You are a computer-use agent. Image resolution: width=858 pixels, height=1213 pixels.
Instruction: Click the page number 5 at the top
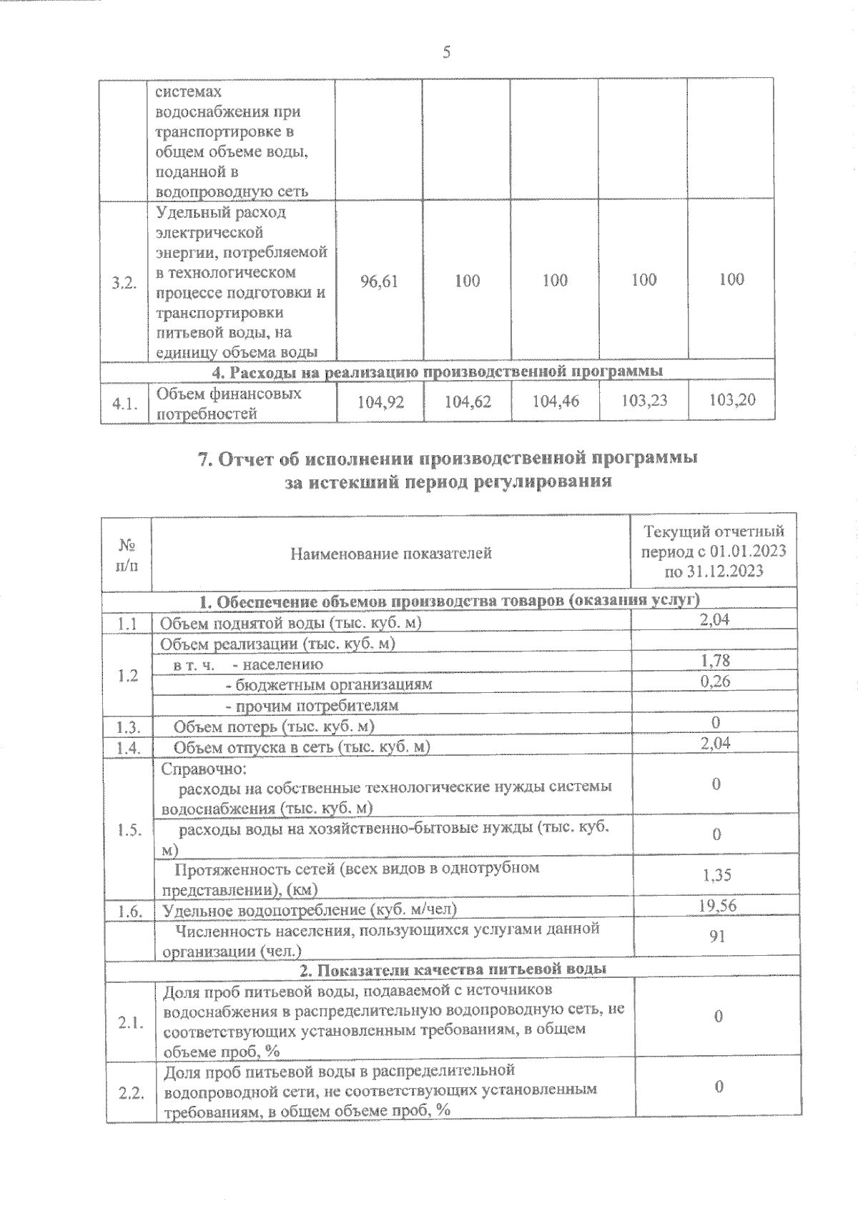pos(447,52)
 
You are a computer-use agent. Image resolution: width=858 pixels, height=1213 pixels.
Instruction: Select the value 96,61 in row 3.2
pos(380,281)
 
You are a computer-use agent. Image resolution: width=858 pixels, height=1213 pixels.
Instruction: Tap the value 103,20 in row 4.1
pos(731,400)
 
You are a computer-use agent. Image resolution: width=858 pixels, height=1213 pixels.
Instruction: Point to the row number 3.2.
pos(124,283)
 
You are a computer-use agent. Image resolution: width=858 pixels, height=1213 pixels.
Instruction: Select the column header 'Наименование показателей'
pos(391,553)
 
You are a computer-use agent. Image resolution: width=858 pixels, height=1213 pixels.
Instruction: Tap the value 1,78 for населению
pos(715,662)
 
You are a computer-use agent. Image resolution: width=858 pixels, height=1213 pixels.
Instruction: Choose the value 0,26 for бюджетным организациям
pos(715,681)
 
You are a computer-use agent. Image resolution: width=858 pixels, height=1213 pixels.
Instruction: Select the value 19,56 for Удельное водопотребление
pos(716,906)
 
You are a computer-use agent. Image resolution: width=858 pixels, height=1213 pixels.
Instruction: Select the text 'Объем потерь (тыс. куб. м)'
pos(275,727)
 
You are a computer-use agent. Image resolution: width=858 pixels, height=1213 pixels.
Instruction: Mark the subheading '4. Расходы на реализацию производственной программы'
pos(438,371)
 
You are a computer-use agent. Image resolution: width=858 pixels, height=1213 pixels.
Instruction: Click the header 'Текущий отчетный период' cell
pos(714,551)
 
